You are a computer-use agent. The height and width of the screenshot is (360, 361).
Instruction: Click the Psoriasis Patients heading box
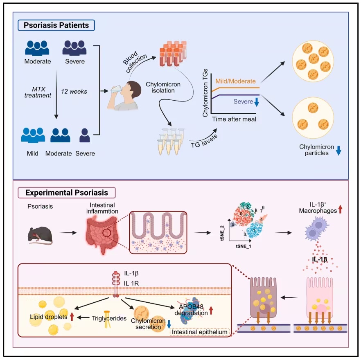click(56, 25)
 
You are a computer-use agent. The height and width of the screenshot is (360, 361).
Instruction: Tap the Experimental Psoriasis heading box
click(67, 192)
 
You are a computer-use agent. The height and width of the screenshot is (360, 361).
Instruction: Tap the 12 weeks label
click(74, 92)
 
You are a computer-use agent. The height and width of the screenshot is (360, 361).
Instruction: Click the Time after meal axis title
click(234, 119)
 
